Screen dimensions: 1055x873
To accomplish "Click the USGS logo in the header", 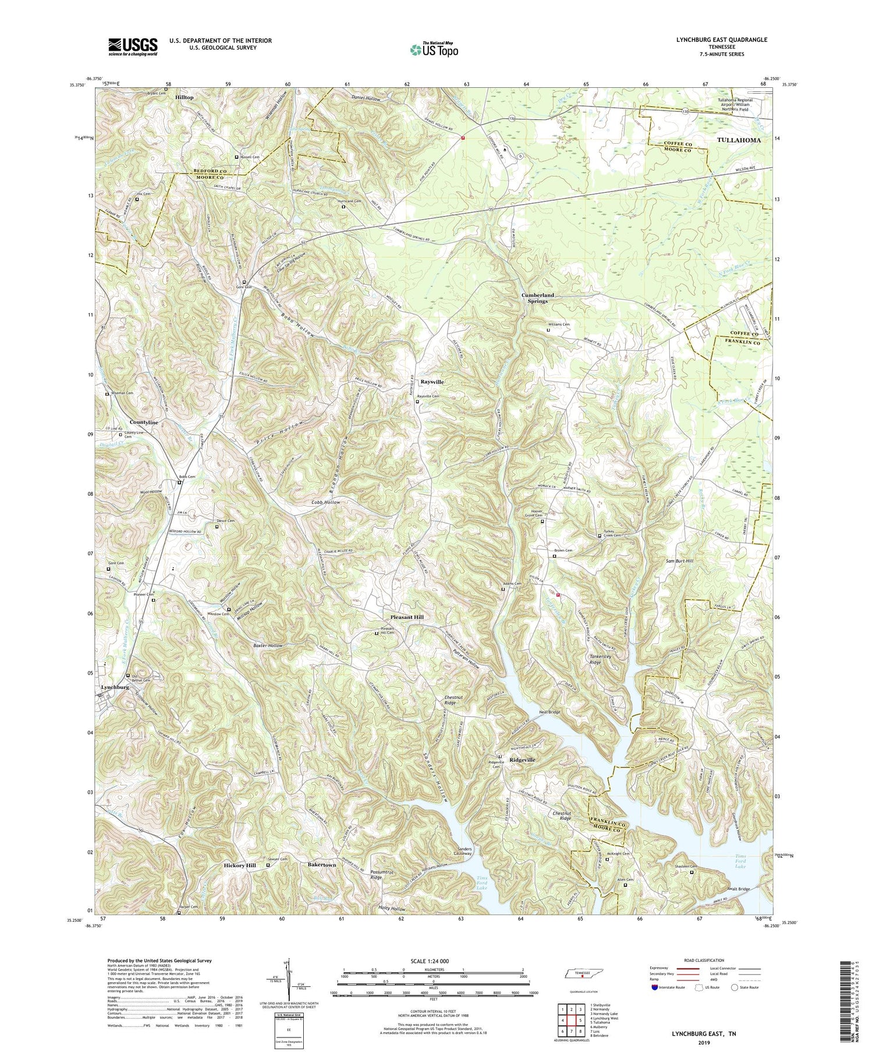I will tap(133, 47).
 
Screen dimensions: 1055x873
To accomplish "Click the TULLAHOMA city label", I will tap(739, 140).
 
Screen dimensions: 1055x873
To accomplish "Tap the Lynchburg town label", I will tap(114, 687).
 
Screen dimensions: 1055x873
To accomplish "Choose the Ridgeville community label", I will tap(522, 760).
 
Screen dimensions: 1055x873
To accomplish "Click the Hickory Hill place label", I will tap(240, 866).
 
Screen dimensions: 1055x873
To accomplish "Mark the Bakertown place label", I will tap(322, 865).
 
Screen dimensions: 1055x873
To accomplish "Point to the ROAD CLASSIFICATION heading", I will tap(690, 960).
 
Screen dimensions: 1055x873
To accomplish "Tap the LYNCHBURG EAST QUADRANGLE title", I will tap(726, 40).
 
